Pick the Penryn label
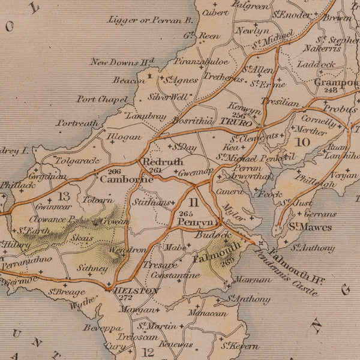click(195, 222)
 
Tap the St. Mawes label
click(303, 227)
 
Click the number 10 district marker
click(302, 142)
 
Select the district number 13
click(64, 196)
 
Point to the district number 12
click(148, 353)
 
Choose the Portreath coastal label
click(77, 123)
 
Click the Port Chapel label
click(102, 99)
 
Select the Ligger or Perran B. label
click(151, 20)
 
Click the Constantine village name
click(175, 275)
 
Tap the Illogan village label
click(124, 137)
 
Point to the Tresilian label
click(280, 103)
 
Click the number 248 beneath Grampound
click(331, 90)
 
